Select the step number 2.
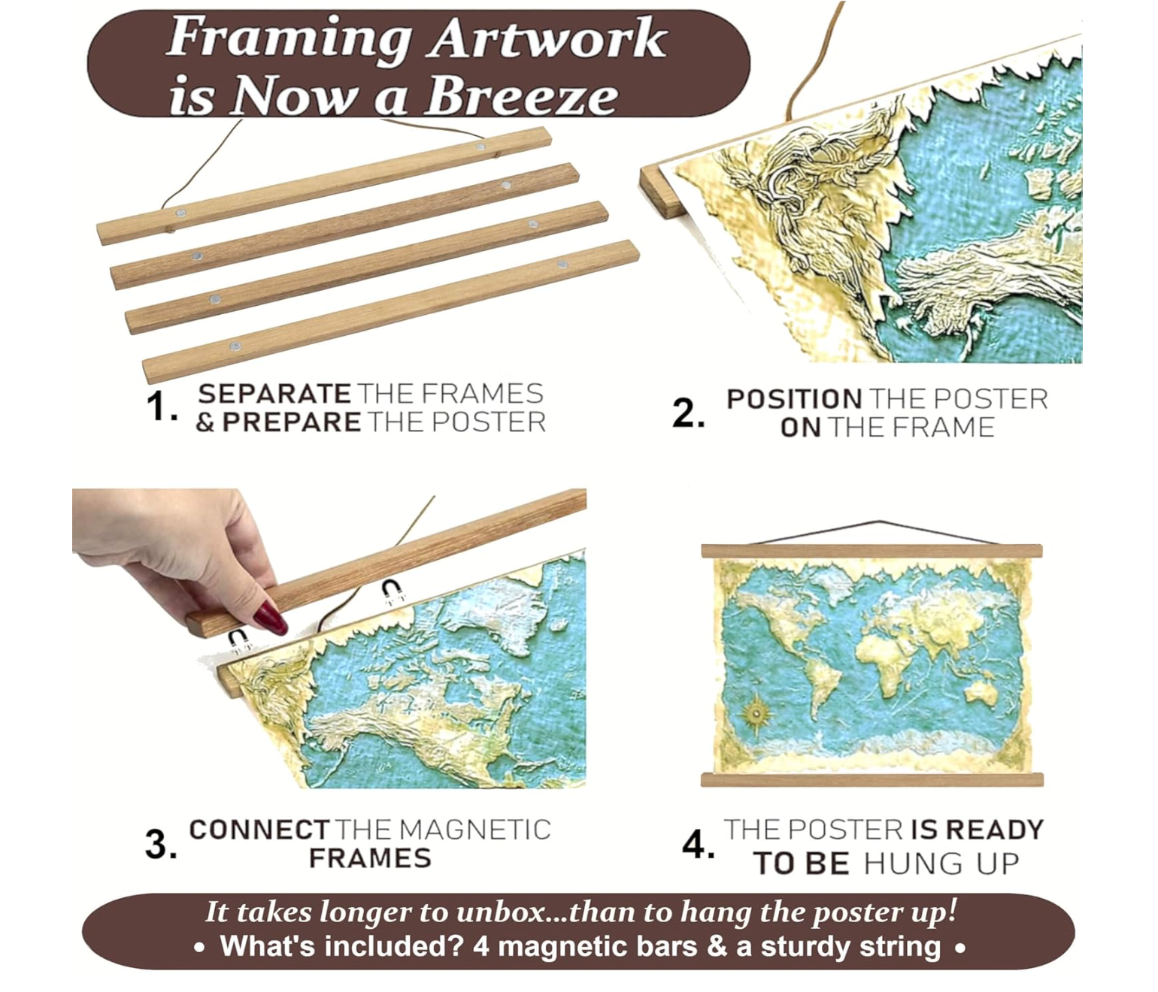(689, 413)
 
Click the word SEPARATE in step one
(274, 394)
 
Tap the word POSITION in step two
(794, 399)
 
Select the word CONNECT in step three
(259, 830)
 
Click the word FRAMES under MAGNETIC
(370, 858)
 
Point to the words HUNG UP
(941, 863)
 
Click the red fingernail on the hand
(270, 618)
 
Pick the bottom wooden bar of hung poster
(872, 780)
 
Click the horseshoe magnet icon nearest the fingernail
(240, 640)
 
